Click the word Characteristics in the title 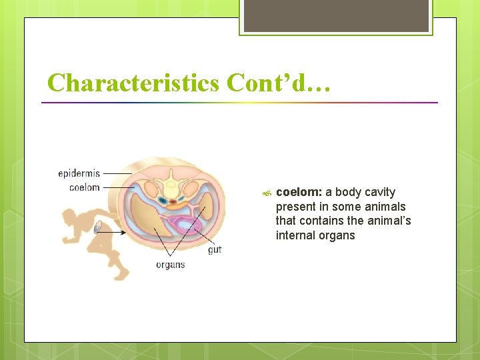pos(133,83)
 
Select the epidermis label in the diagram pos(79,174)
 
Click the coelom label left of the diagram pos(84,187)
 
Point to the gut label pos(215,249)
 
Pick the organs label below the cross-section pos(170,265)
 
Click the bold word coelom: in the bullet pos(299,193)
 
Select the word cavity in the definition pos(380,193)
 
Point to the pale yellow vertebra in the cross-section pos(172,183)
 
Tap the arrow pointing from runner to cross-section pos(113,232)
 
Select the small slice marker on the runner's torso pos(98,228)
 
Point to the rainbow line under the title pos(239,103)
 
